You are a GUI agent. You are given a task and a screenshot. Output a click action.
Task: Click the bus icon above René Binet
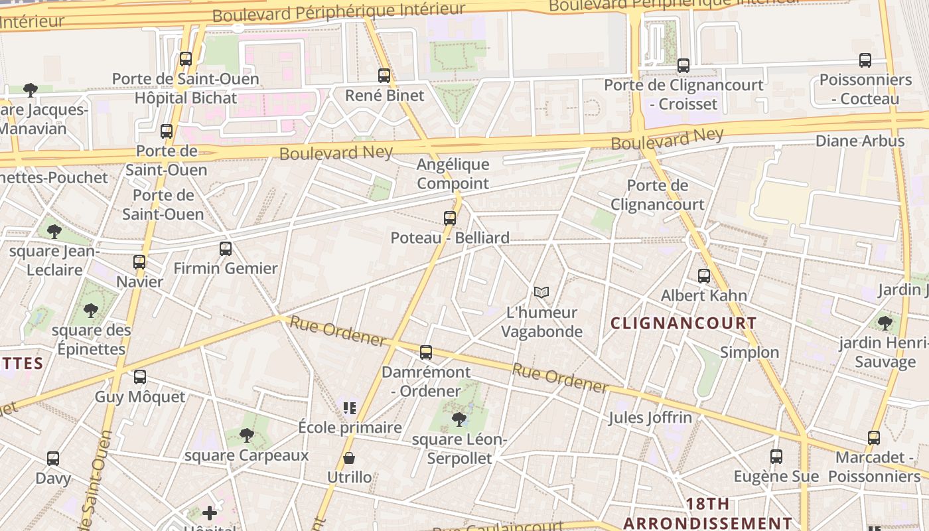384,76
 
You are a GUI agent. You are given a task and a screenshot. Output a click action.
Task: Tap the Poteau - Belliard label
450,238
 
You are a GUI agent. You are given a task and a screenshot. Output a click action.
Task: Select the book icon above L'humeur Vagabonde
541,292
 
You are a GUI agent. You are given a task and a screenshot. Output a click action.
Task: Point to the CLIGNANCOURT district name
683,324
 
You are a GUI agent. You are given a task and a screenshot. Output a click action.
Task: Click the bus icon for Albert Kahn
704,276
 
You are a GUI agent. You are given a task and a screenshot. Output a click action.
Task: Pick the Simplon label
750,352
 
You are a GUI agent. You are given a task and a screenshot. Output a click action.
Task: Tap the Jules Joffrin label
650,418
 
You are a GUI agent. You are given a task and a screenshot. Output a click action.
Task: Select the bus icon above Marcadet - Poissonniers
874,438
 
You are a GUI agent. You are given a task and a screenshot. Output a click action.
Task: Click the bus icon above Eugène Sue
776,457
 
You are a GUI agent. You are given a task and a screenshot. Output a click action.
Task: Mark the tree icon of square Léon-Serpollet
459,419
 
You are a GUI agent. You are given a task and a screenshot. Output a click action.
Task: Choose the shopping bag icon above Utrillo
349,458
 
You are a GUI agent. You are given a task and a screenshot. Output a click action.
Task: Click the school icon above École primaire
350,408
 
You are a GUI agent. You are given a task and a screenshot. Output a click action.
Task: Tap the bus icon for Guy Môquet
140,377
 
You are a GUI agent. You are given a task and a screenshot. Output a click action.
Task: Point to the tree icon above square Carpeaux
247,435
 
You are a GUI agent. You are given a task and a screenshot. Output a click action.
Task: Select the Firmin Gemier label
226,269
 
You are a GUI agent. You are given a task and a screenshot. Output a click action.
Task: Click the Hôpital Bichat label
186,98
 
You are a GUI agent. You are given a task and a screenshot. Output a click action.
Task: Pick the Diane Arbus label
860,141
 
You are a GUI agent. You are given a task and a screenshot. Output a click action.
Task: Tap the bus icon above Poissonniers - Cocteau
865,60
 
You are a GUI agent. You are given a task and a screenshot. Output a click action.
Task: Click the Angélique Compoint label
453,174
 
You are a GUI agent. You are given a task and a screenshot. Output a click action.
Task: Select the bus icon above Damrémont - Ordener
426,352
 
